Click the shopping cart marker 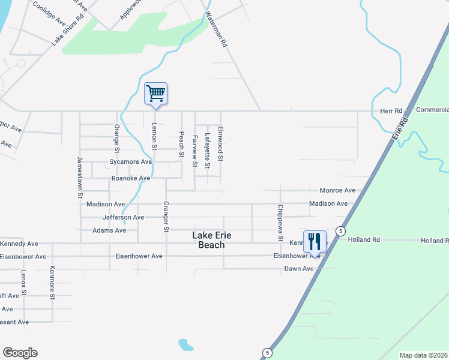[x=155, y=94]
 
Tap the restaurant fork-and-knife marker [x=315, y=242]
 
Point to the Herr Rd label [x=391, y=111]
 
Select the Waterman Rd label [x=217, y=29]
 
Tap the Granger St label [x=166, y=217]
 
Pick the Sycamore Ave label [x=130, y=162]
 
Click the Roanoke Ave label [x=130, y=178]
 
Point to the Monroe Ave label [x=337, y=190]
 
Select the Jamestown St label [x=79, y=177]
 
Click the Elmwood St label [x=220, y=144]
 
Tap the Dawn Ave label [x=299, y=269]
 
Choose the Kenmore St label [x=52, y=282]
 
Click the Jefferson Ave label [x=123, y=217]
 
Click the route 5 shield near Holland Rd [x=340, y=231]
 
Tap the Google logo [x=20, y=353]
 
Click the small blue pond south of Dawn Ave [x=186, y=345]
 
